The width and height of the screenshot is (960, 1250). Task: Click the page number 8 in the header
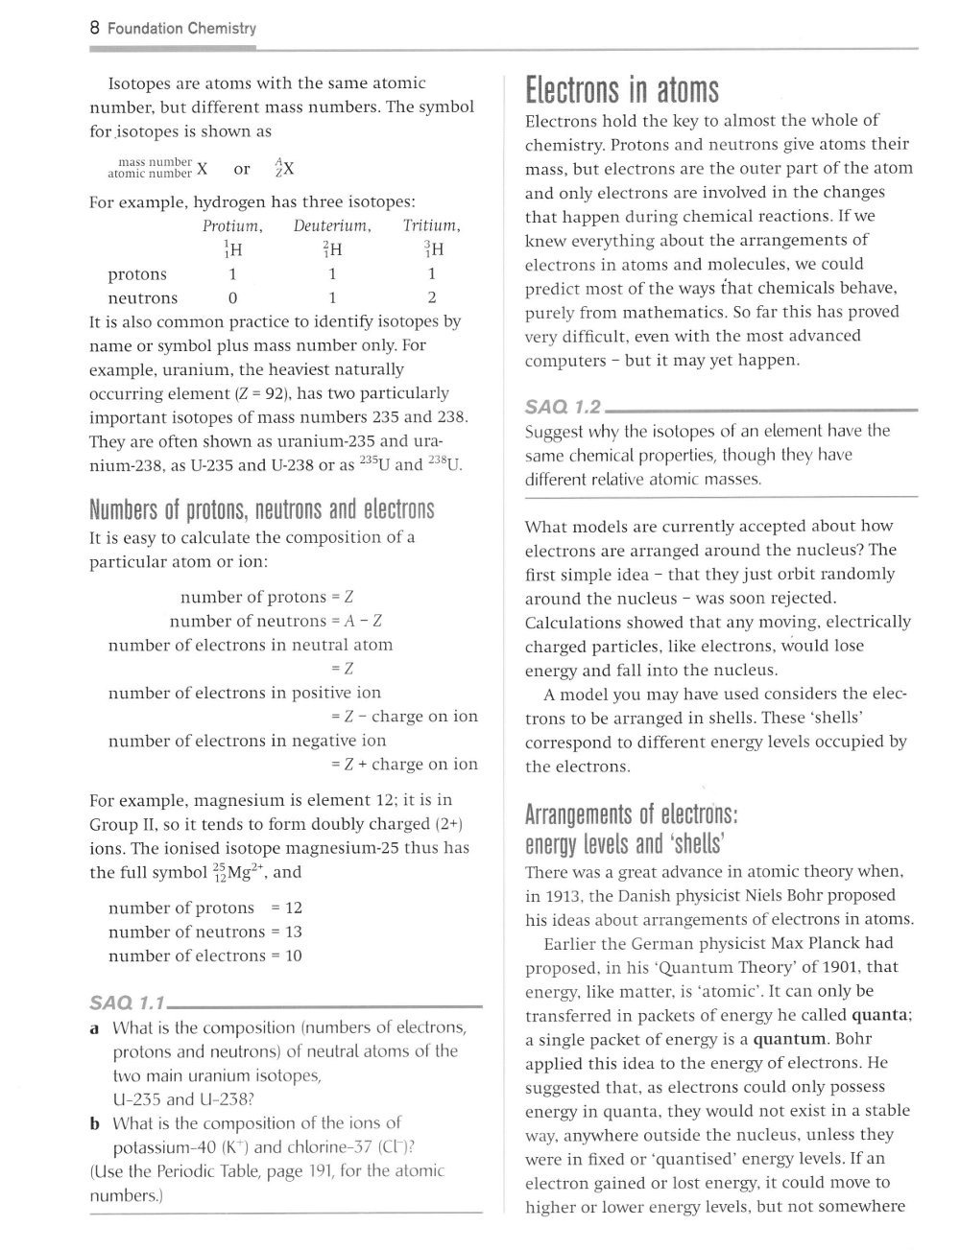pos(94,28)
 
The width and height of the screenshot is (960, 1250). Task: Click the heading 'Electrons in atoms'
pos(621,90)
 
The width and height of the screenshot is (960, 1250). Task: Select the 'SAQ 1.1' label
pos(128,1003)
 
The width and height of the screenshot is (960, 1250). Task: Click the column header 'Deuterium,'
pos(332,226)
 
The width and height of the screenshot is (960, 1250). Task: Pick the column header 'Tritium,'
pos(431,226)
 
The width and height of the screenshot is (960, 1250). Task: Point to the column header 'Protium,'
pos(232,226)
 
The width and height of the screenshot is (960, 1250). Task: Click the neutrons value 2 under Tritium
pos(432,298)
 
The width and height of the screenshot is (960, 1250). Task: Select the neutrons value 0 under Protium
pos(232,298)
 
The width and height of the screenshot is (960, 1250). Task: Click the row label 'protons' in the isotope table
pos(137,274)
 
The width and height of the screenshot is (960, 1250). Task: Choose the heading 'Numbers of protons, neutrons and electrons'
pos(261,509)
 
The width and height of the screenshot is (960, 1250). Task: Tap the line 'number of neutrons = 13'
pos(205,932)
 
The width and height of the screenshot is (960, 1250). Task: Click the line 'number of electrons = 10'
pos(205,955)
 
